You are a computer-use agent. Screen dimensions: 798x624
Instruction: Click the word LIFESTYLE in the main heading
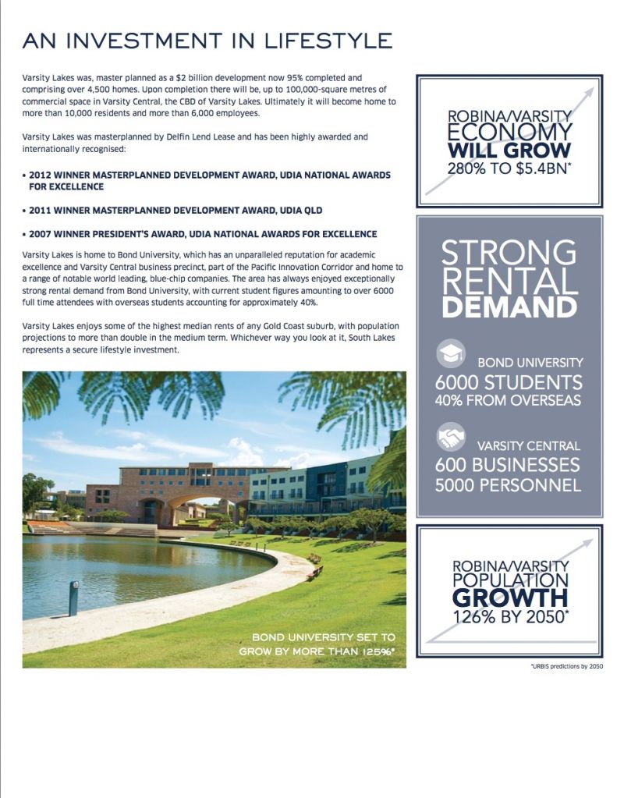[321, 41]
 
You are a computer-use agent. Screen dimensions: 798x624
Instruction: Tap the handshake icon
[450, 437]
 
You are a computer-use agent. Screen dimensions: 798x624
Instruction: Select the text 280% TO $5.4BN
[509, 167]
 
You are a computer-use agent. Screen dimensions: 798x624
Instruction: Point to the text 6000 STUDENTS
[509, 383]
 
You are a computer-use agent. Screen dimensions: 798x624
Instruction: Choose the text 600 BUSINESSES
[509, 465]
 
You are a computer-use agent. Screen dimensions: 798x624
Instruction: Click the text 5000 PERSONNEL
[509, 484]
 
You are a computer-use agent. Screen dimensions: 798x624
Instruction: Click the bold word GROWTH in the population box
[509, 598]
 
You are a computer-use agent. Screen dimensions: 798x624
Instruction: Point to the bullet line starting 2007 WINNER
[200, 234]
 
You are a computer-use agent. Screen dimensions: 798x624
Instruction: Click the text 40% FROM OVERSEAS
[509, 401]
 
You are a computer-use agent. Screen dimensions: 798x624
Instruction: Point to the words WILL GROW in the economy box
[509, 149]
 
